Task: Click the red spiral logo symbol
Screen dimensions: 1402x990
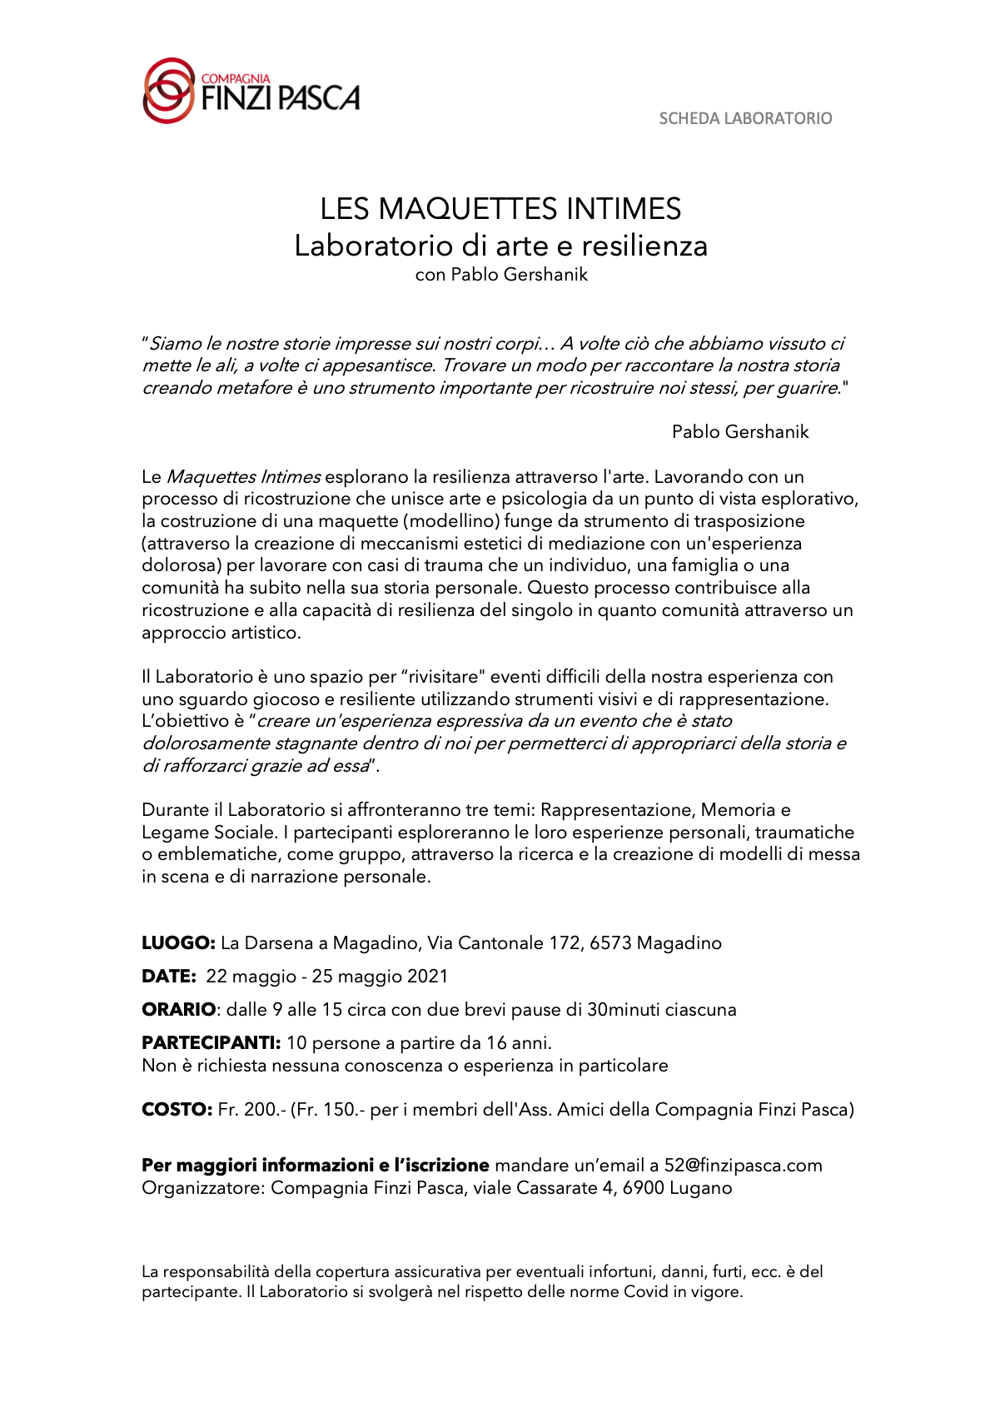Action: [x=169, y=91]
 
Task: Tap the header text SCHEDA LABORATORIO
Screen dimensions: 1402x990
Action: [x=745, y=118]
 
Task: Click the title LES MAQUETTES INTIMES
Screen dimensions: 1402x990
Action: [x=500, y=208]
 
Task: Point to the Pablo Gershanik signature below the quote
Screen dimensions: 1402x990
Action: [x=740, y=431]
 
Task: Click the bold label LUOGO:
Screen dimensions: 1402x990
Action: [x=178, y=942]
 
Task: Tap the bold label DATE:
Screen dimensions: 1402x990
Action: [x=168, y=976]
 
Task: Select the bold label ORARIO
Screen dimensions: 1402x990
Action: [x=178, y=1009]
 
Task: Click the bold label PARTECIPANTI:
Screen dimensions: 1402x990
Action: [x=211, y=1042]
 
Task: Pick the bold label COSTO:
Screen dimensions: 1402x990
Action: [x=177, y=1109]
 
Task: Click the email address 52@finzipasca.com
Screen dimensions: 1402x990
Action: [x=743, y=1165]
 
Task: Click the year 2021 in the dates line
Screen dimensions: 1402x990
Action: [x=427, y=976]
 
